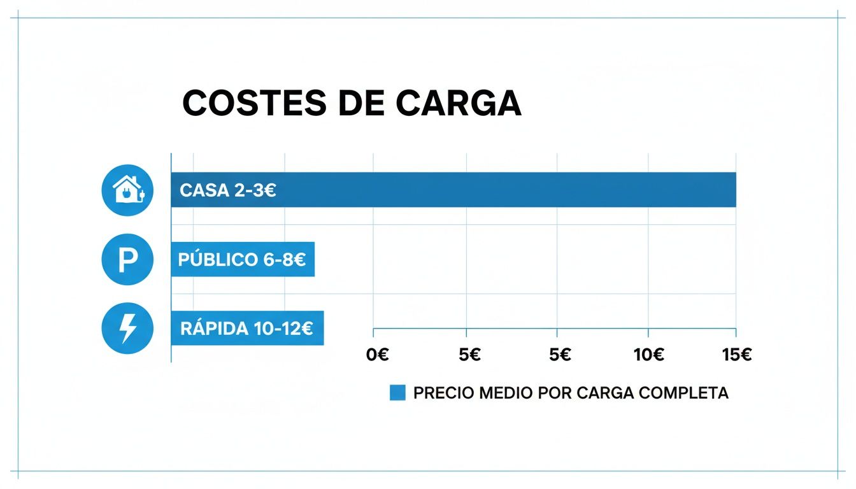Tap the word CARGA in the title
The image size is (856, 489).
(x=458, y=103)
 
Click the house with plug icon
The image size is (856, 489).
(x=127, y=190)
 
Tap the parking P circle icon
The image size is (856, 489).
(x=127, y=259)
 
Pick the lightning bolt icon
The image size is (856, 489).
(x=127, y=328)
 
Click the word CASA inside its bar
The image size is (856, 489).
(x=204, y=190)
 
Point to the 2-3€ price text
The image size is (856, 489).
(x=255, y=190)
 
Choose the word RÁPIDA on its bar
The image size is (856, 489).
(x=214, y=329)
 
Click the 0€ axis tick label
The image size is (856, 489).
(x=378, y=355)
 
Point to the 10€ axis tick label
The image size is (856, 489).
(x=649, y=355)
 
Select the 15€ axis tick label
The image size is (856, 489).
(x=737, y=355)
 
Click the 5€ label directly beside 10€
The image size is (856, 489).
(x=560, y=355)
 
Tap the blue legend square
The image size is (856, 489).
(x=397, y=393)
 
